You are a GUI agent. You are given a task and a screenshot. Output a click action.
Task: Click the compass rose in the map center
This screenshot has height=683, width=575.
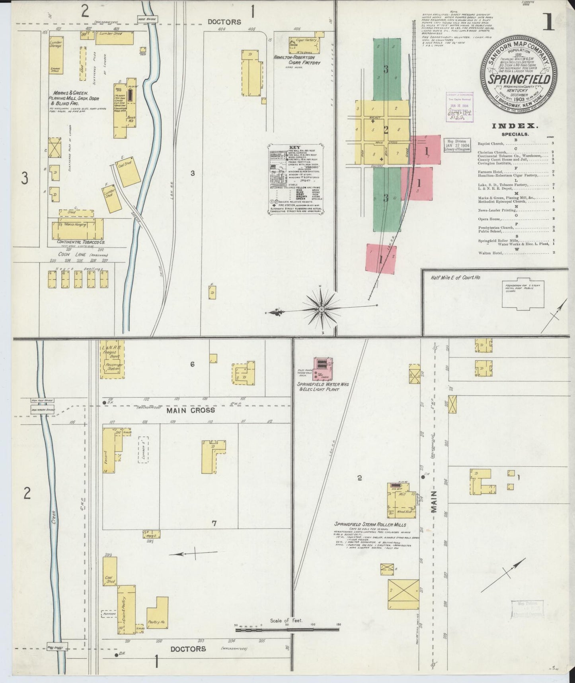coord(322,308)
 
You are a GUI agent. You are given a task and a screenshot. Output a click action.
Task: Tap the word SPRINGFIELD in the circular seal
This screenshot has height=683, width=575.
coord(520,79)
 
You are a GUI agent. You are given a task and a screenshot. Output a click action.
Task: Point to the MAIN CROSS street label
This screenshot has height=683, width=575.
coord(191,410)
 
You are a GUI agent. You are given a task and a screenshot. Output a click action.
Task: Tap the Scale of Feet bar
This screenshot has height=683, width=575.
coord(287,640)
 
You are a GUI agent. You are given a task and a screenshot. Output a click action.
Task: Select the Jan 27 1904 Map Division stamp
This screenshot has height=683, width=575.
coord(456,145)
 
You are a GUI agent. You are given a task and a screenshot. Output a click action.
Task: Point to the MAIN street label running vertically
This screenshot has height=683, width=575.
coord(434,503)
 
